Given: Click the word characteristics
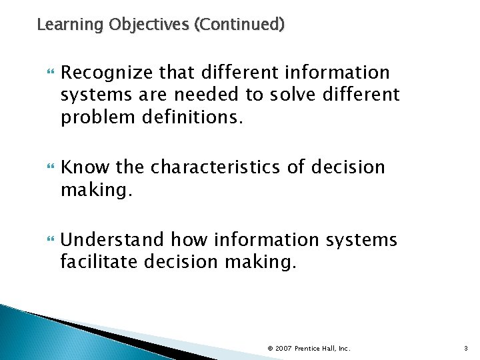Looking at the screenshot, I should point(217,167).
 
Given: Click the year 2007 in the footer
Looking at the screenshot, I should point(283,348).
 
